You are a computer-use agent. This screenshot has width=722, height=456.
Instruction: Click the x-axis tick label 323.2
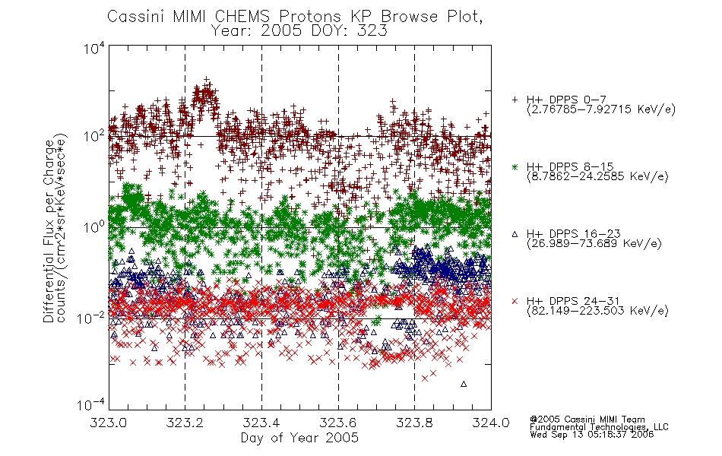185,423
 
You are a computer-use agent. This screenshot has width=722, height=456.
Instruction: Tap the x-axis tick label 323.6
338,423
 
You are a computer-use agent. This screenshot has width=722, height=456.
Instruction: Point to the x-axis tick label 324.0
491,423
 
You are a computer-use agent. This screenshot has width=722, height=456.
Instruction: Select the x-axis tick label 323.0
109,423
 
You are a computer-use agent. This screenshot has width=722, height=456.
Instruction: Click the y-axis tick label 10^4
94,48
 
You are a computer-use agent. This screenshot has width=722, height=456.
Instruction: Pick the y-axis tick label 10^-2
91,318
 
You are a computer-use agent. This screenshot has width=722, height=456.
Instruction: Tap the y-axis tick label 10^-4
91,404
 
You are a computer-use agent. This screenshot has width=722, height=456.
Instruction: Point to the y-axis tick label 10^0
94,226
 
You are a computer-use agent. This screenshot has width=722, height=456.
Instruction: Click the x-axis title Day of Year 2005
299,438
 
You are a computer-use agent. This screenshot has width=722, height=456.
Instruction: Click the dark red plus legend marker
515,100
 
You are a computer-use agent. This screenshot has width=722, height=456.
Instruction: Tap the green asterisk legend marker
515,166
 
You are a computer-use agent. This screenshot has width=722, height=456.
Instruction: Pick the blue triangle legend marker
515,234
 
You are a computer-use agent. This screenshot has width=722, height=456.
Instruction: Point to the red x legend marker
515,301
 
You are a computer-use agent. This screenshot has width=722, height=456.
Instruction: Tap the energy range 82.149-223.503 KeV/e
597,311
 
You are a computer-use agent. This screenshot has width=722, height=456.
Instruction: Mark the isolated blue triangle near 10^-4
464,384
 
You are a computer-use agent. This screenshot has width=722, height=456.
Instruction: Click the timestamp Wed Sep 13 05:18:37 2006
592,435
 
